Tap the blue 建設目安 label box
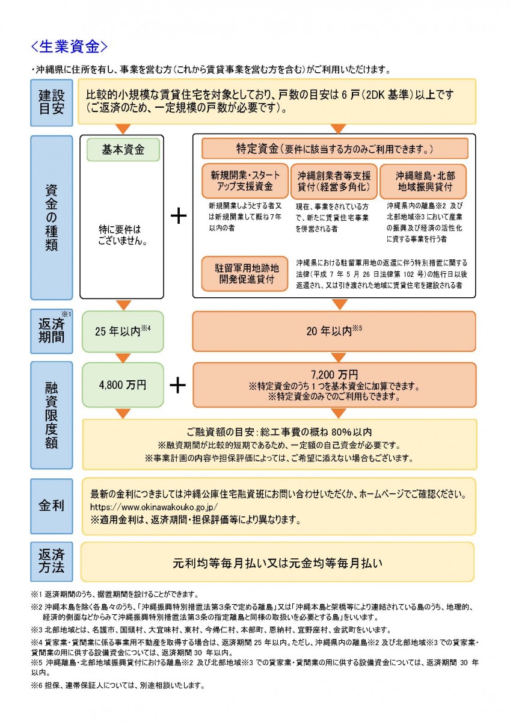pos(51,102)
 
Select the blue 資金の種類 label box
pos(51,217)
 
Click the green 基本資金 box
pos(123,150)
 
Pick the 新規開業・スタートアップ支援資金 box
pos(245,181)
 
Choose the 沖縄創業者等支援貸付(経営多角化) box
pos(334,181)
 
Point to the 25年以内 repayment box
pos(123,331)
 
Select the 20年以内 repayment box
pos(334,331)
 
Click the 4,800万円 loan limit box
pos(123,384)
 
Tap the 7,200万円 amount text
pos(334,374)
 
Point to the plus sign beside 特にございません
pos(178,217)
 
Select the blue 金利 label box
pos(51,504)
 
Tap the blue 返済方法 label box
pos(51,561)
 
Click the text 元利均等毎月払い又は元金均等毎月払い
pos(277,563)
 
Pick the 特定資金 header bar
pos(334,148)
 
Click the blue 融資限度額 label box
pos(51,415)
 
